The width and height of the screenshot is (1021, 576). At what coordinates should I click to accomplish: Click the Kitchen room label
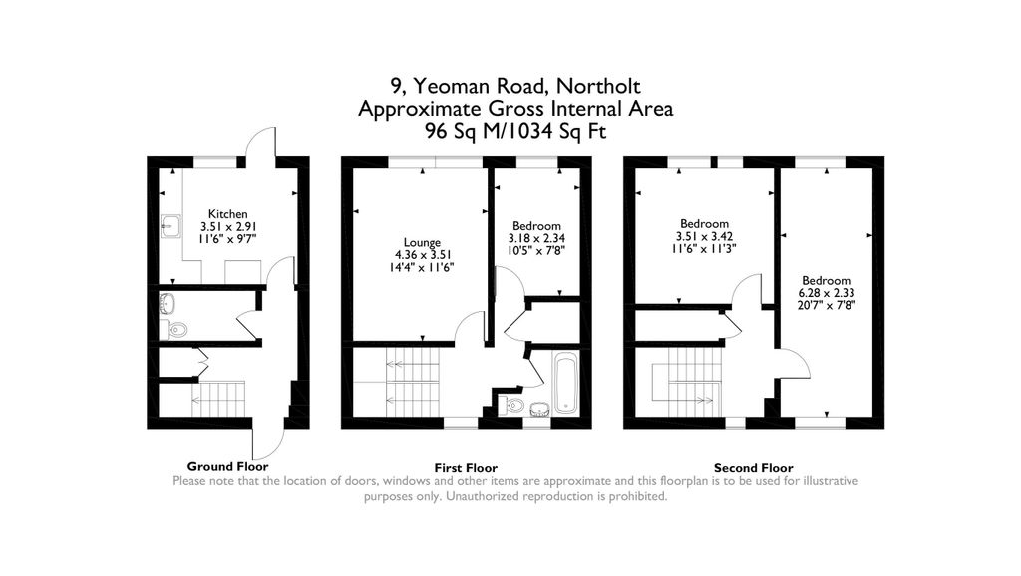point(228,214)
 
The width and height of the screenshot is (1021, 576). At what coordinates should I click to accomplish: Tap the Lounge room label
point(422,243)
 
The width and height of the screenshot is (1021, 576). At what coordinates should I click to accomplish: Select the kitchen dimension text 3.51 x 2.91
point(228,226)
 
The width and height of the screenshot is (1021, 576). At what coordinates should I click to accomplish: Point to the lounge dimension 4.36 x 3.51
point(423,255)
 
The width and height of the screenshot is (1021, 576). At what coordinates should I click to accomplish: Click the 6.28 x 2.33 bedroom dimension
point(827,293)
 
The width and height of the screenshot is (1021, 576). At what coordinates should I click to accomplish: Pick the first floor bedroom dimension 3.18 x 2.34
point(536,238)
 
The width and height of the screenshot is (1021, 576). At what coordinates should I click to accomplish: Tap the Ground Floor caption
point(228,466)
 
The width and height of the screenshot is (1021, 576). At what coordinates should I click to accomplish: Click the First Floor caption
point(466,468)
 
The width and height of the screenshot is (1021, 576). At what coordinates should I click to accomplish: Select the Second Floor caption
point(754,468)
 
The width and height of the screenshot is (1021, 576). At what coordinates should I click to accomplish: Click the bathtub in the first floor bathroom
point(565,383)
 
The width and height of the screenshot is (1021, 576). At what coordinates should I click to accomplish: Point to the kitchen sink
point(170,226)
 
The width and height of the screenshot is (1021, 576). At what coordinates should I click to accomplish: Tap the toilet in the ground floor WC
point(173,330)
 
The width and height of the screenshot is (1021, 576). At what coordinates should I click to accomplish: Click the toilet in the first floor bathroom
point(510,405)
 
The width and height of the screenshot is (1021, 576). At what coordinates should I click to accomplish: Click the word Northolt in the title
point(598,86)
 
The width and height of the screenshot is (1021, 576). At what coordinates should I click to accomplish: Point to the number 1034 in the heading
point(528,131)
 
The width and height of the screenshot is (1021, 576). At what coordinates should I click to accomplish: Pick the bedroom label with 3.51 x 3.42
point(705,224)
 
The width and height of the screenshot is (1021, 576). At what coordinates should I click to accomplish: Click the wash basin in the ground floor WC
point(168,303)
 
